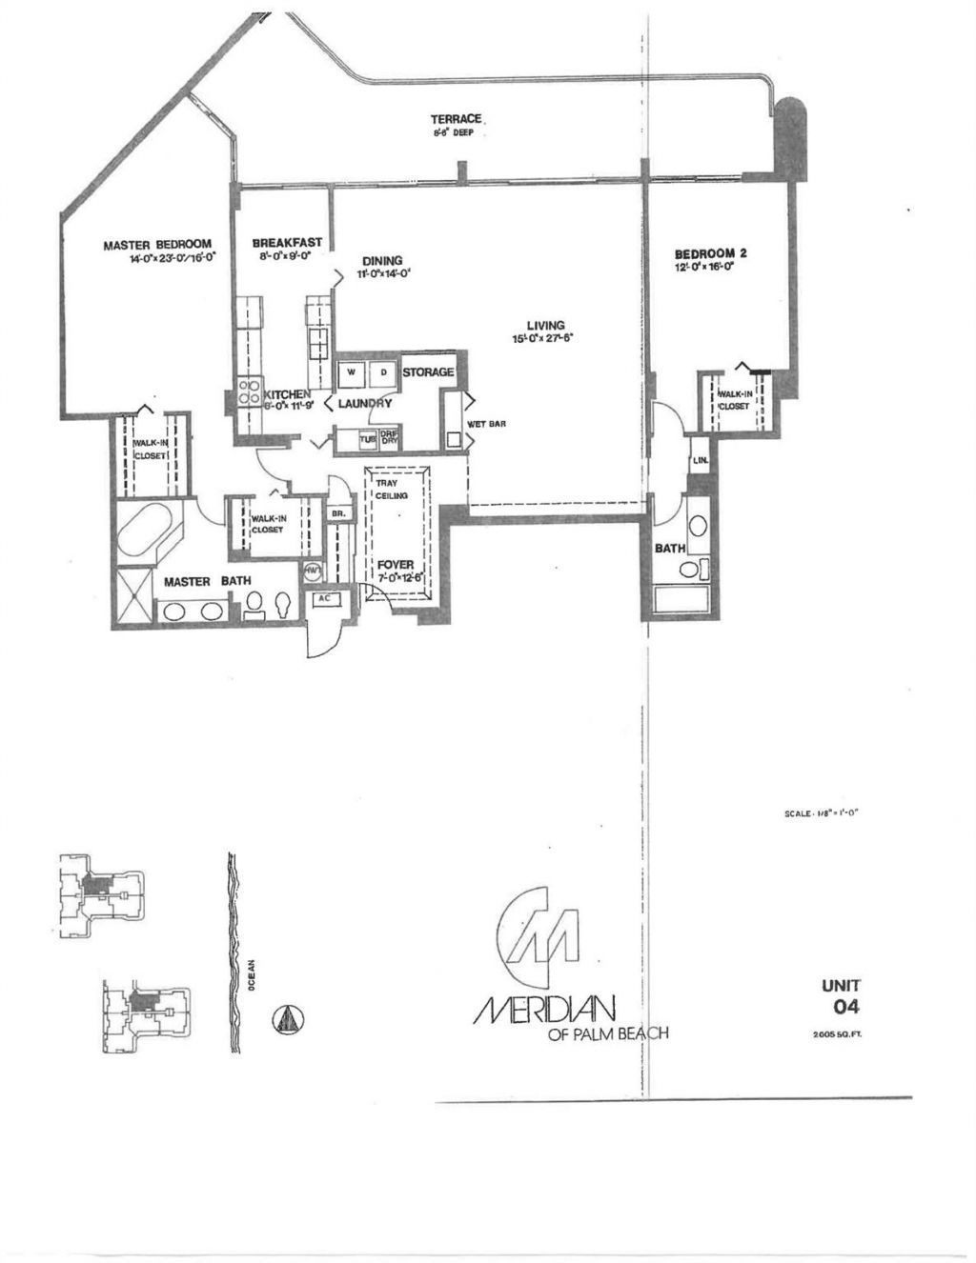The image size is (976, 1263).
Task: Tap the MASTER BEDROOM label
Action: pyautogui.click(x=156, y=245)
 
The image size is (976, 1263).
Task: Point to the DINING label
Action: pyautogui.click(x=382, y=261)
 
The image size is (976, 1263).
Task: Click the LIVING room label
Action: pyautogui.click(x=545, y=326)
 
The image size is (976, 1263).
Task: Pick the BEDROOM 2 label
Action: pyautogui.click(x=710, y=253)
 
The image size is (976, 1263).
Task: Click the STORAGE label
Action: pyautogui.click(x=427, y=372)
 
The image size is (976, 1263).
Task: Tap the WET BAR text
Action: pyautogui.click(x=486, y=424)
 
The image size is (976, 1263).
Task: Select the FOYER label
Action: pyautogui.click(x=395, y=565)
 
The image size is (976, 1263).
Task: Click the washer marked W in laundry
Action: pyautogui.click(x=351, y=372)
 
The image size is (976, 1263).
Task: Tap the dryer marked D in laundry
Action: pyautogui.click(x=384, y=372)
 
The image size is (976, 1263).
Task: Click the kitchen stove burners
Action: pyautogui.click(x=249, y=391)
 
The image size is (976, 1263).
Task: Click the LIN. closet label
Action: pyautogui.click(x=700, y=460)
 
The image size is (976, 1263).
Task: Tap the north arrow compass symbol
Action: pyautogui.click(x=289, y=1018)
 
